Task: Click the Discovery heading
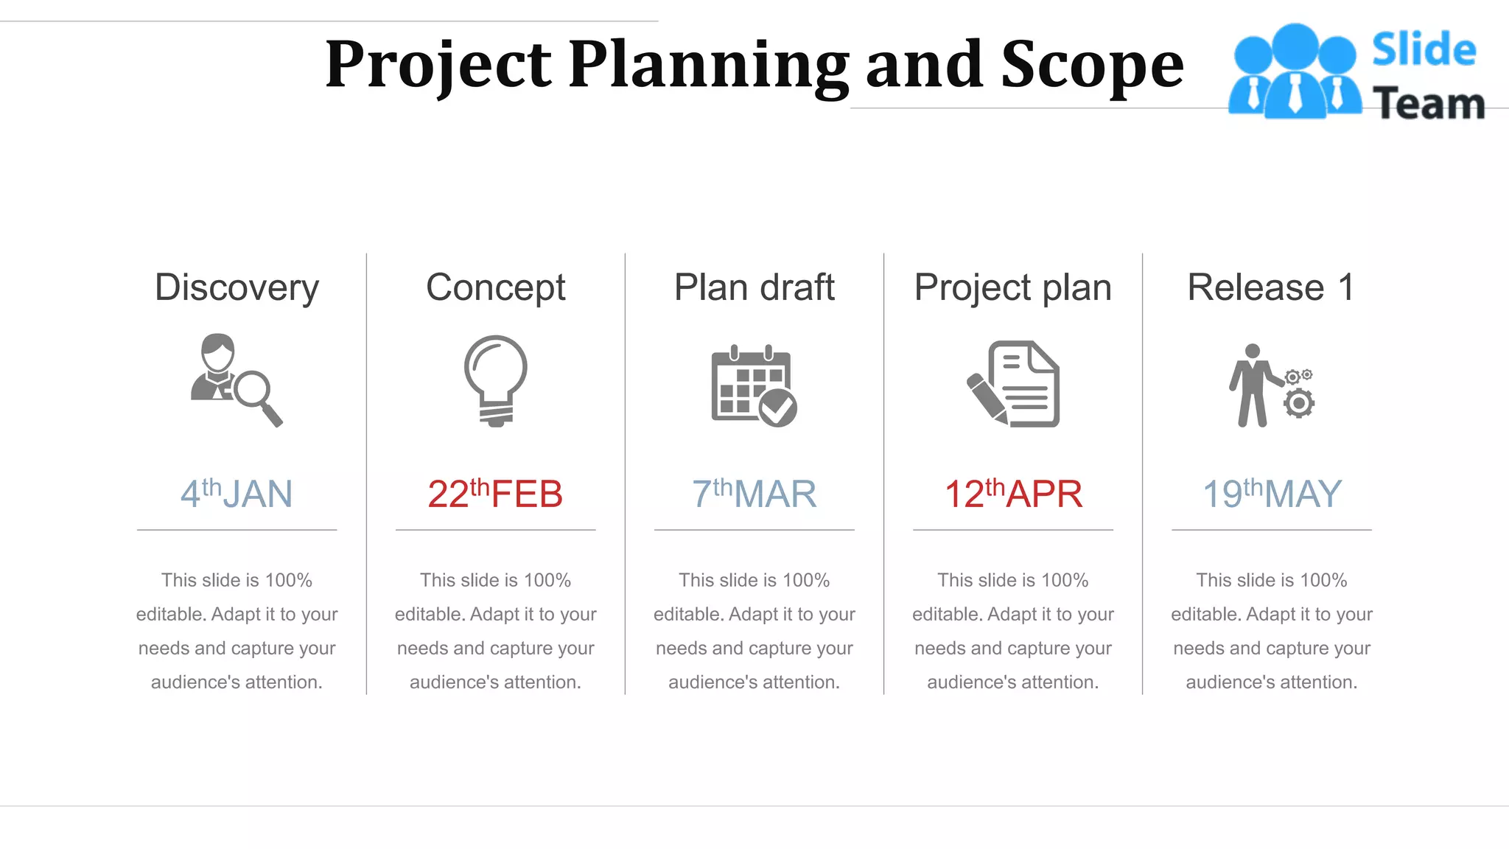237,287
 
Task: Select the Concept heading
495,287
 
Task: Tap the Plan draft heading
754,287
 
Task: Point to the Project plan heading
1012,287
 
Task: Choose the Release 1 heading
1271,287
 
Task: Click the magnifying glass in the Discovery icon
255,391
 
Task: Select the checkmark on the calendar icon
777,408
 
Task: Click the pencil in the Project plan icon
987,397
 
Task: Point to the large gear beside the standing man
1298,403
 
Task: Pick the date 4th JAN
237,494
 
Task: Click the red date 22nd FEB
495,494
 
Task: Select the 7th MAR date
754,494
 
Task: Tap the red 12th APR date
1013,494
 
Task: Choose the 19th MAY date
1272,494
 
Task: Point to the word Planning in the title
708,65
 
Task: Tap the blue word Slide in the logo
1424,50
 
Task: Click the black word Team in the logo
1428,103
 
